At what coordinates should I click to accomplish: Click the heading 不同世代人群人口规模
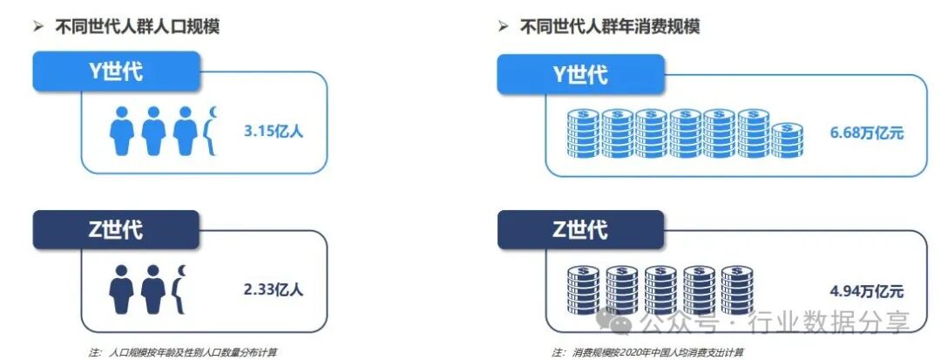[138, 27]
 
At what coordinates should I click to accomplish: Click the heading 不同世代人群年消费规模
[610, 27]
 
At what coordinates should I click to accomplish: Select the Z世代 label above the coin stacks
[580, 231]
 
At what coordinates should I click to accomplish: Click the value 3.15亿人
[274, 132]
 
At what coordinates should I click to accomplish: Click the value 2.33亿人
[274, 289]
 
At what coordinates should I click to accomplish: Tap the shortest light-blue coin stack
[788, 141]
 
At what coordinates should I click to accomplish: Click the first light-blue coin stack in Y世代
[583, 133]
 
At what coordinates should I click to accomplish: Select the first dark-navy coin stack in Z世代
[583, 290]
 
